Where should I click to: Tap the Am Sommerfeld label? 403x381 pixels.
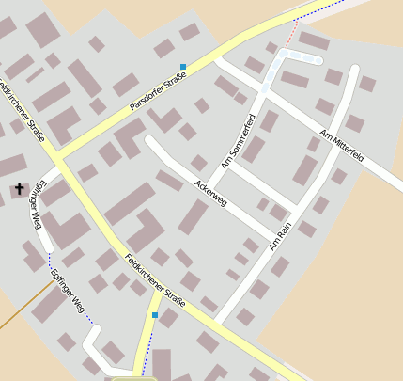point(239,141)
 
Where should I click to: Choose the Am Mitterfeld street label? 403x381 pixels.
point(342,145)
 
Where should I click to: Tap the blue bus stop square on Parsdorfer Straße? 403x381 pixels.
point(183,67)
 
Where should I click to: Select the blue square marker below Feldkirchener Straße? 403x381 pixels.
point(155,315)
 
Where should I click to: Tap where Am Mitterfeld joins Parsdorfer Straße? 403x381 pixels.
point(217,58)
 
